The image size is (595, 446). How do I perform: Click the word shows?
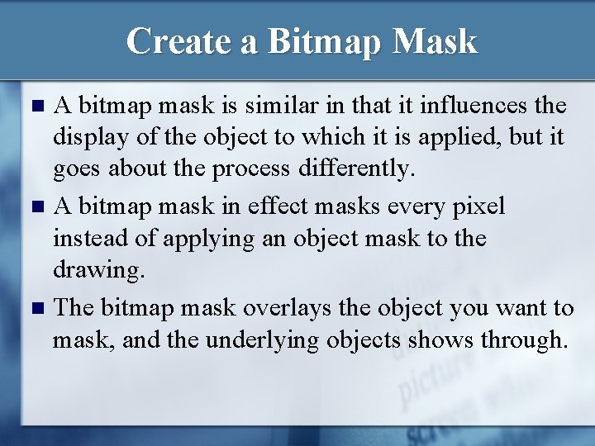click(x=436, y=340)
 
